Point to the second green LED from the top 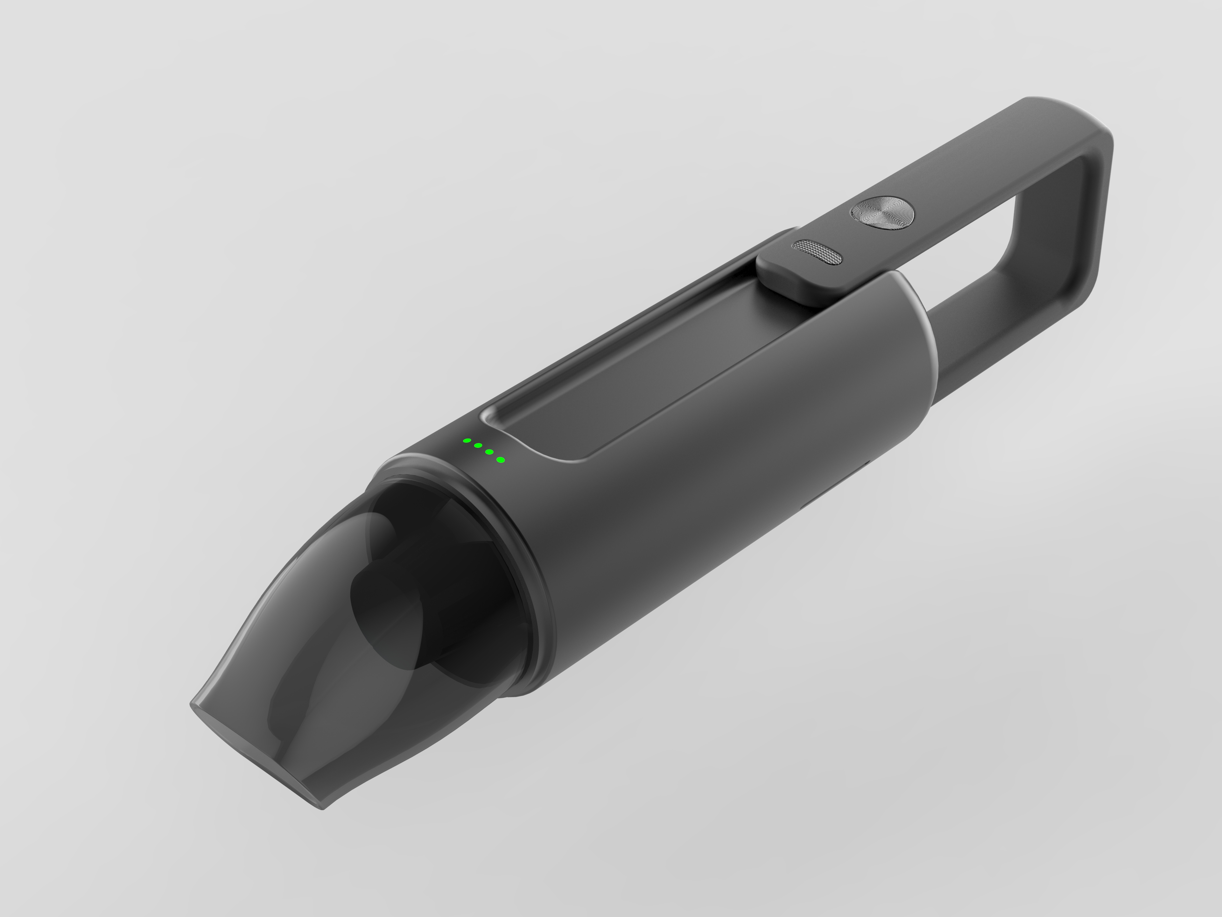coord(478,445)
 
